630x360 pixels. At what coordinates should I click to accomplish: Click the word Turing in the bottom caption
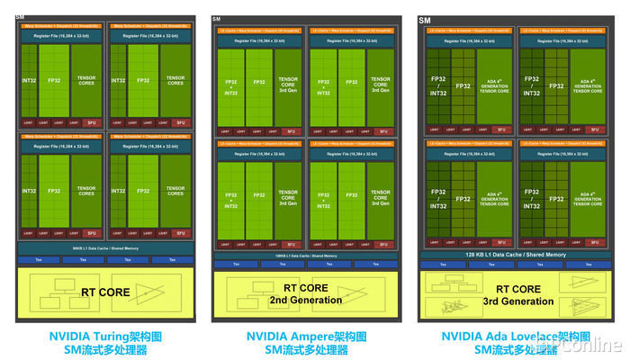click(99, 337)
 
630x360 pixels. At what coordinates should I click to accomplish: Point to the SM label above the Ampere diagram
click(217, 19)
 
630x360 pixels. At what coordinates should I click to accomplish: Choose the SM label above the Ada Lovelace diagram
click(425, 20)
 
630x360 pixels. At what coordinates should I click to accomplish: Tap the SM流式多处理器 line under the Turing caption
click(105, 350)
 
